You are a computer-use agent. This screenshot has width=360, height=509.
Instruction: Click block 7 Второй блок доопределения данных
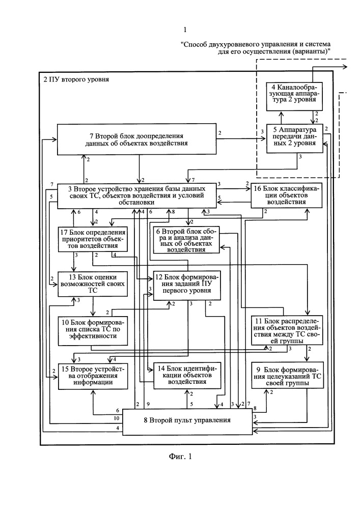pyautogui.click(x=136, y=139)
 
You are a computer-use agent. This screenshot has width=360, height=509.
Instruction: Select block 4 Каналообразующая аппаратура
pyautogui.click(x=294, y=97)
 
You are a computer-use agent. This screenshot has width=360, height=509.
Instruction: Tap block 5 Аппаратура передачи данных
pyautogui.click(x=295, y=138)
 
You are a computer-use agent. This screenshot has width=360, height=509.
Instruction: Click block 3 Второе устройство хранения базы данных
pyautogui.click(x=136, y=196)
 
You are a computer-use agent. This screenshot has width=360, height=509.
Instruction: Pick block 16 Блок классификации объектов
pyautogui.click(x=287, y=196)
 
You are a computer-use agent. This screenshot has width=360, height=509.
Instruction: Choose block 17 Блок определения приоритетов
pyautogui.click(x=93, y=239)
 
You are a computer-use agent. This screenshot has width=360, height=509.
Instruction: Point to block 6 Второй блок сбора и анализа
pyautogui.click(x=186, y=240)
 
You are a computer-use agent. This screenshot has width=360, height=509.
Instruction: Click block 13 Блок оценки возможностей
pyautogui.click(x=93, y=284)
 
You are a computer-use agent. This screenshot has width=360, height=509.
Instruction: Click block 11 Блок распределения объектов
pyautogui.click(x=287, y=330)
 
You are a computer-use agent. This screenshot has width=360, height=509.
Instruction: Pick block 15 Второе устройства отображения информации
pyautogui.click(x=93, y=376)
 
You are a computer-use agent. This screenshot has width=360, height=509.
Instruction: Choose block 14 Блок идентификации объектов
pyautogui.click(x=187, y=376)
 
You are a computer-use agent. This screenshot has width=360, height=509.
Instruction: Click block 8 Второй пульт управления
pyautogui.click(x=187, y=421)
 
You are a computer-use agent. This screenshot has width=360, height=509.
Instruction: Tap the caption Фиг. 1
pyautogui.click(x=180, y=457)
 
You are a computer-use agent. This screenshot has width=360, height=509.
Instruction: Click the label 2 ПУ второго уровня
pyautogui.click(x=76, y=79)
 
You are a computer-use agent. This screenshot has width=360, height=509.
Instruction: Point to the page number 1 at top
pyautogui.click(x=185, y=30)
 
